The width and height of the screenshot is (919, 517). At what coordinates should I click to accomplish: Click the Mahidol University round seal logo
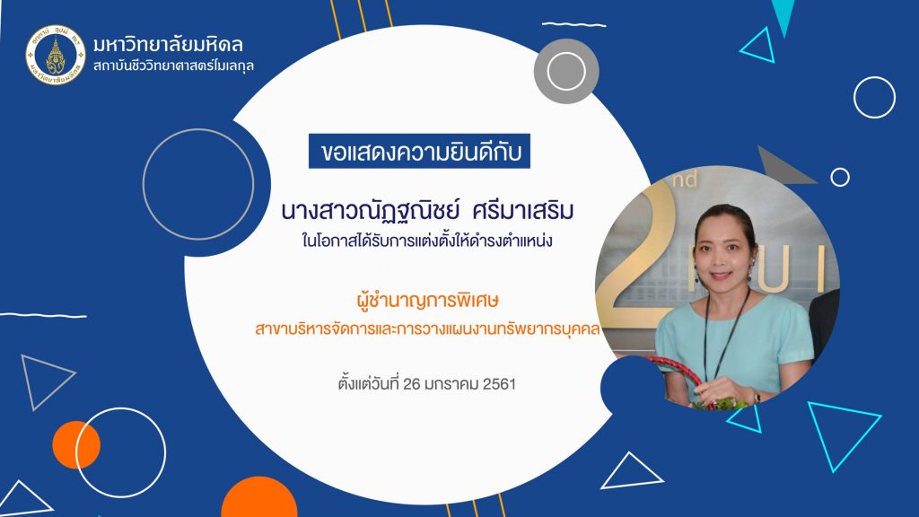coord(56,55)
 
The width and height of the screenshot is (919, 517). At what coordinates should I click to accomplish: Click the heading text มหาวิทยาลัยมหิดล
coord(168,45)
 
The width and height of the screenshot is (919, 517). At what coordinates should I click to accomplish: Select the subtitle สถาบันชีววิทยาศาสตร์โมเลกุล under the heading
coord(173,66)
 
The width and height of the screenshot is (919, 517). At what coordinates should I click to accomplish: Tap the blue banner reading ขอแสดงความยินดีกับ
coord(419,151)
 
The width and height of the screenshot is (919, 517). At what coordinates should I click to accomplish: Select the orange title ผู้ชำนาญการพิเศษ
coord(427,301)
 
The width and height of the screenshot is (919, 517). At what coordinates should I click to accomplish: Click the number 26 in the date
coord(412,384)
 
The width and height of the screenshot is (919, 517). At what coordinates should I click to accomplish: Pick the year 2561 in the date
coord(499,384)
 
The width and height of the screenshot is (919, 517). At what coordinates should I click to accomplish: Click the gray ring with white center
coord(566,72)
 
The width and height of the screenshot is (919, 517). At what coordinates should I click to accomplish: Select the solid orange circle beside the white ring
coord(76,445)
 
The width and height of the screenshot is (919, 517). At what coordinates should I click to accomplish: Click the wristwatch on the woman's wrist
coord(757,397)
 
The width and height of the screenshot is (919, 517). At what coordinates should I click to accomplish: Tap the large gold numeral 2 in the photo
coord(642,252)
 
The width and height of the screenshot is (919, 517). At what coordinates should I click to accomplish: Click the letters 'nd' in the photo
coord(685,179)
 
